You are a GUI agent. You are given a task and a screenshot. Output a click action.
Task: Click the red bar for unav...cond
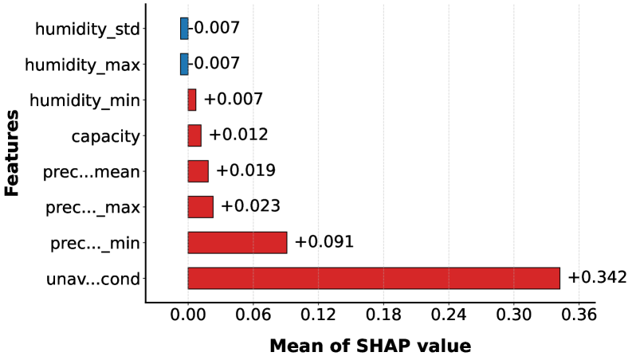pyautogui.click(x=374, y=278)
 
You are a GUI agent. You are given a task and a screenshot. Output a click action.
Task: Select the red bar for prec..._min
pyautogui.click(x=237, y=242)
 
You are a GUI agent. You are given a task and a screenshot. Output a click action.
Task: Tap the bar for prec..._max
pyautogui.click(x=200, y=206)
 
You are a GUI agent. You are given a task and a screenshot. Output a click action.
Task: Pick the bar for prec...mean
pyautogui.click(x=198, y=171)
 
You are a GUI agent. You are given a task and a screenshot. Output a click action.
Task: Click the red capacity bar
pyautogui.click(x=194, y=135)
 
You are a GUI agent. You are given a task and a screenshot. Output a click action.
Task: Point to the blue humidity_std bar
pyautogui.click(x=184, y=29)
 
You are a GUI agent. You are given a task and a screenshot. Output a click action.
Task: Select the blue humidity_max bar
pyautogui.click(x=184, y=64)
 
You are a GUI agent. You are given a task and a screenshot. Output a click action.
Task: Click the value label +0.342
pyautogui.click(x=597, y=277)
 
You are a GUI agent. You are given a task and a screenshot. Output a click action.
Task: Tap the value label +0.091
pyautogui.click(x=324, y=242)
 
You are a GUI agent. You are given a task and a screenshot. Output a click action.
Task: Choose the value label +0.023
pyautogui.click(x=250, y=206)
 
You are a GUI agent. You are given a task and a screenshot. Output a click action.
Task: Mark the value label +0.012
pyautogui.click(x=238, y=135)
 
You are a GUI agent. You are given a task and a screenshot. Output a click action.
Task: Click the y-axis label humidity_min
pyautogui.click(x=84, y=100)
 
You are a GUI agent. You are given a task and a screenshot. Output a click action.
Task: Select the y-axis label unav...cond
pyautogui.click(x=94, y=279)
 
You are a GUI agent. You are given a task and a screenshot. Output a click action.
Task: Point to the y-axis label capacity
pyautogui.click(x=105, y=136)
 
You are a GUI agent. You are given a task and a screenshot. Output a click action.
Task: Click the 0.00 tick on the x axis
pyautogui.click(x=188, y=315)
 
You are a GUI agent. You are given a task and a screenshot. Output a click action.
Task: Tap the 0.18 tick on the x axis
pyautogui.click(x=383, y=315)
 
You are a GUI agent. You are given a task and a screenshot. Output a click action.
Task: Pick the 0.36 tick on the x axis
pyautogui.click(x=579, y=315)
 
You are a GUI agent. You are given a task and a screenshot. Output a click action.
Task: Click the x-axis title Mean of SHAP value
pyautogui.click(x=370, y=346)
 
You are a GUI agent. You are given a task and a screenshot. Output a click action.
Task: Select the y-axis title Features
pyautogui.click(x=12, y=154)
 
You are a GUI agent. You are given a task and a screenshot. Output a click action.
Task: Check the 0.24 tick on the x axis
pyautogui.click(x=449, y=315)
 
